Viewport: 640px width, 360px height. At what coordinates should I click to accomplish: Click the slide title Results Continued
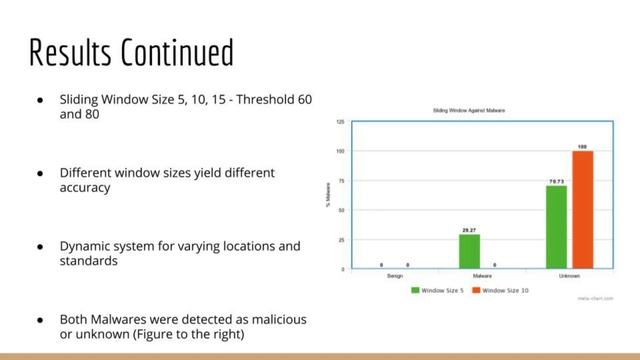[131, 51]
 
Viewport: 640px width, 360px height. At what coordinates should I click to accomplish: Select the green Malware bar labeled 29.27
[469, 251]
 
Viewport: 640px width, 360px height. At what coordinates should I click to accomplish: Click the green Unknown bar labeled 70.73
[556, 227]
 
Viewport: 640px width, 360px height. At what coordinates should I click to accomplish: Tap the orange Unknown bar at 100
[582, 209]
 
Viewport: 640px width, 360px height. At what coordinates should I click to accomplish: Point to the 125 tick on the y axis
[341, 121]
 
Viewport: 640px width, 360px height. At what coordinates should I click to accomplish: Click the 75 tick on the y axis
[342, 181]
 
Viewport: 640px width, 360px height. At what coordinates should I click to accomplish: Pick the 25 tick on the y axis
[342, 240]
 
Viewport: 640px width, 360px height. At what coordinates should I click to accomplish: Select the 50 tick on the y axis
[342, 210]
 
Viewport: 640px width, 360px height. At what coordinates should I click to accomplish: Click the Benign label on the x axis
[395, 275]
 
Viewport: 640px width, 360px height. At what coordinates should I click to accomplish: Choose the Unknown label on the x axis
[569, 275]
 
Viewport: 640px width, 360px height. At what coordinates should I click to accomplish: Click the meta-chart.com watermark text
[596, 297]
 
